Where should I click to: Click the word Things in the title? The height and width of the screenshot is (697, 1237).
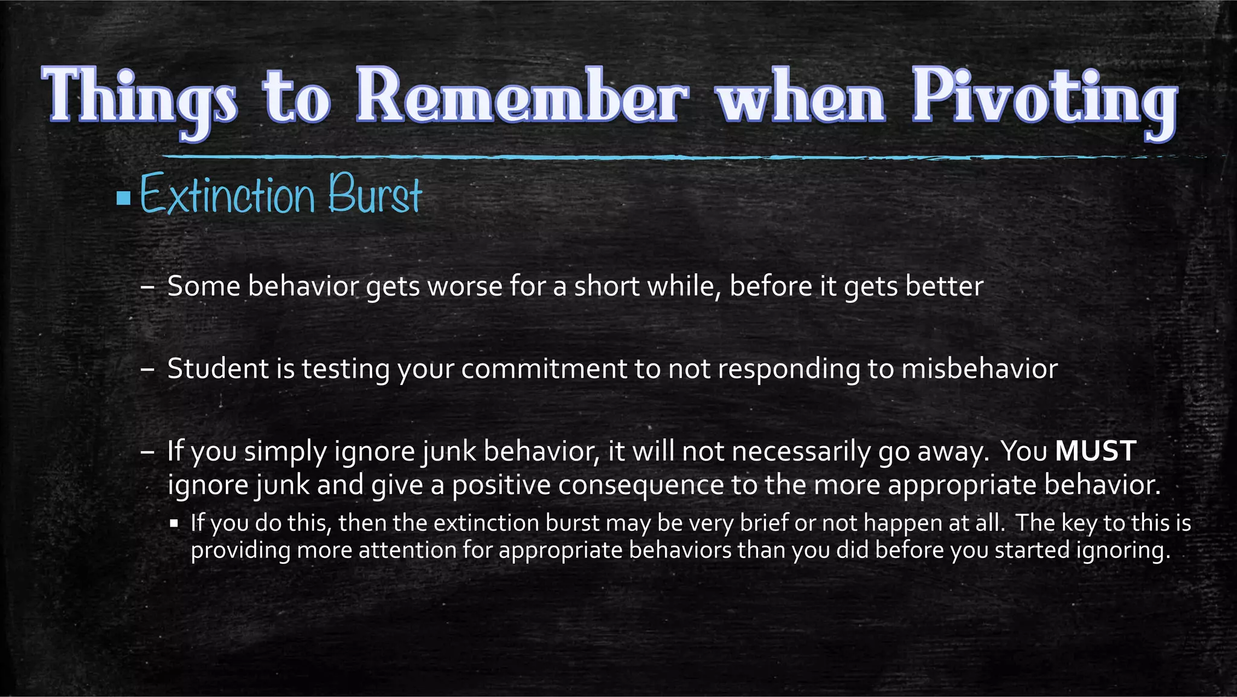point(140,98)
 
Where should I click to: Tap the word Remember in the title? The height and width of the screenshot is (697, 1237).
point(521,97)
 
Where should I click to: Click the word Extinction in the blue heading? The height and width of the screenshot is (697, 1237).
point(228,195)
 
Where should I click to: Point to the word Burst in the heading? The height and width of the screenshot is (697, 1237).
point(374,195)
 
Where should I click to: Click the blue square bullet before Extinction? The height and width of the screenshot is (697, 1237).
point(124,198)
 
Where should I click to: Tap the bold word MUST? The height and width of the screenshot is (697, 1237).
point(1096,451)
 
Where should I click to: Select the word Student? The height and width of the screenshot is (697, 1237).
point(217,369)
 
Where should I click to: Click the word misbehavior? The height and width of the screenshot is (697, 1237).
point(979,369)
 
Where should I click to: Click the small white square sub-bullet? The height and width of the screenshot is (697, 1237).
point(175,524)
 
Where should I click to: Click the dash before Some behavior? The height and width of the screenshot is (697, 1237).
point(147,287)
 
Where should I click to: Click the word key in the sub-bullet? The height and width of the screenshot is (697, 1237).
point(1079,522)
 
